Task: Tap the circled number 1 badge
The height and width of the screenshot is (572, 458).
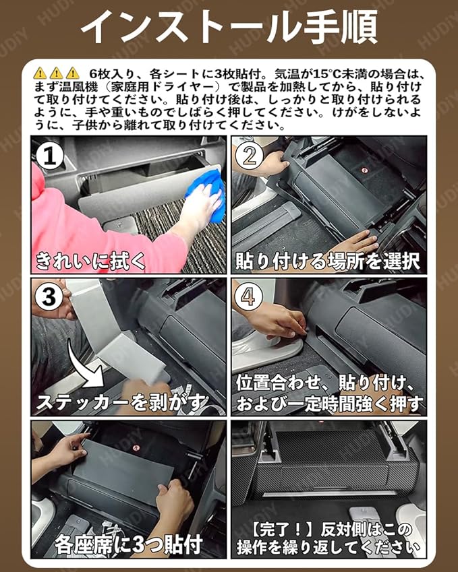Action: tap(50, 156)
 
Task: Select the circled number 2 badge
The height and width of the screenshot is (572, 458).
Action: tap(250, 156)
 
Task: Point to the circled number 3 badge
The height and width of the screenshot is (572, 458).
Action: tap(49, 297)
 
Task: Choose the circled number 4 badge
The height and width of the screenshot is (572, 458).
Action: tap(248, 297)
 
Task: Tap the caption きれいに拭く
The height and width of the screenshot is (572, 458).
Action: tap(90, 261)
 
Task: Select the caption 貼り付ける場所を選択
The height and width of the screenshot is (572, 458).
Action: tap(327, 261)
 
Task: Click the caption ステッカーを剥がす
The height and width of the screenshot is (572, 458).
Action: tap(122, 402)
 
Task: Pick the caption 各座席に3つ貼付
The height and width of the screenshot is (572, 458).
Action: tap(129, 545)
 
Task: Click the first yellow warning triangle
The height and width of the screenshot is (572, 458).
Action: tap(40, 73)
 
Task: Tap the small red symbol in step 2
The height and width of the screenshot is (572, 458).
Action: tap(364, 170)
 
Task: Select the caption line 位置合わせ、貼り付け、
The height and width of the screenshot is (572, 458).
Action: tap(325, 383)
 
